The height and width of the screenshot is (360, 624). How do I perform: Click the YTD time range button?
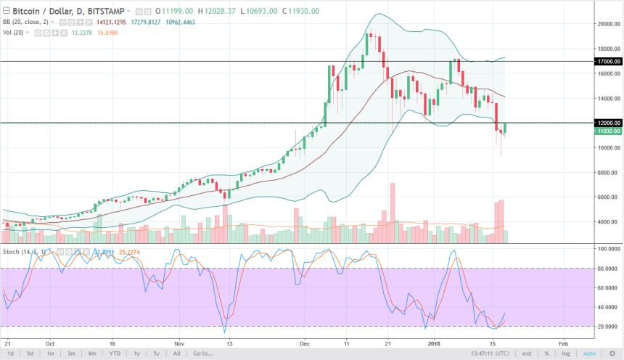pyautogui.click(x=114, y=353)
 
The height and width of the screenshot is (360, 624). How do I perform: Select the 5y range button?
pyautogui.click(x=155, y=353)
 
